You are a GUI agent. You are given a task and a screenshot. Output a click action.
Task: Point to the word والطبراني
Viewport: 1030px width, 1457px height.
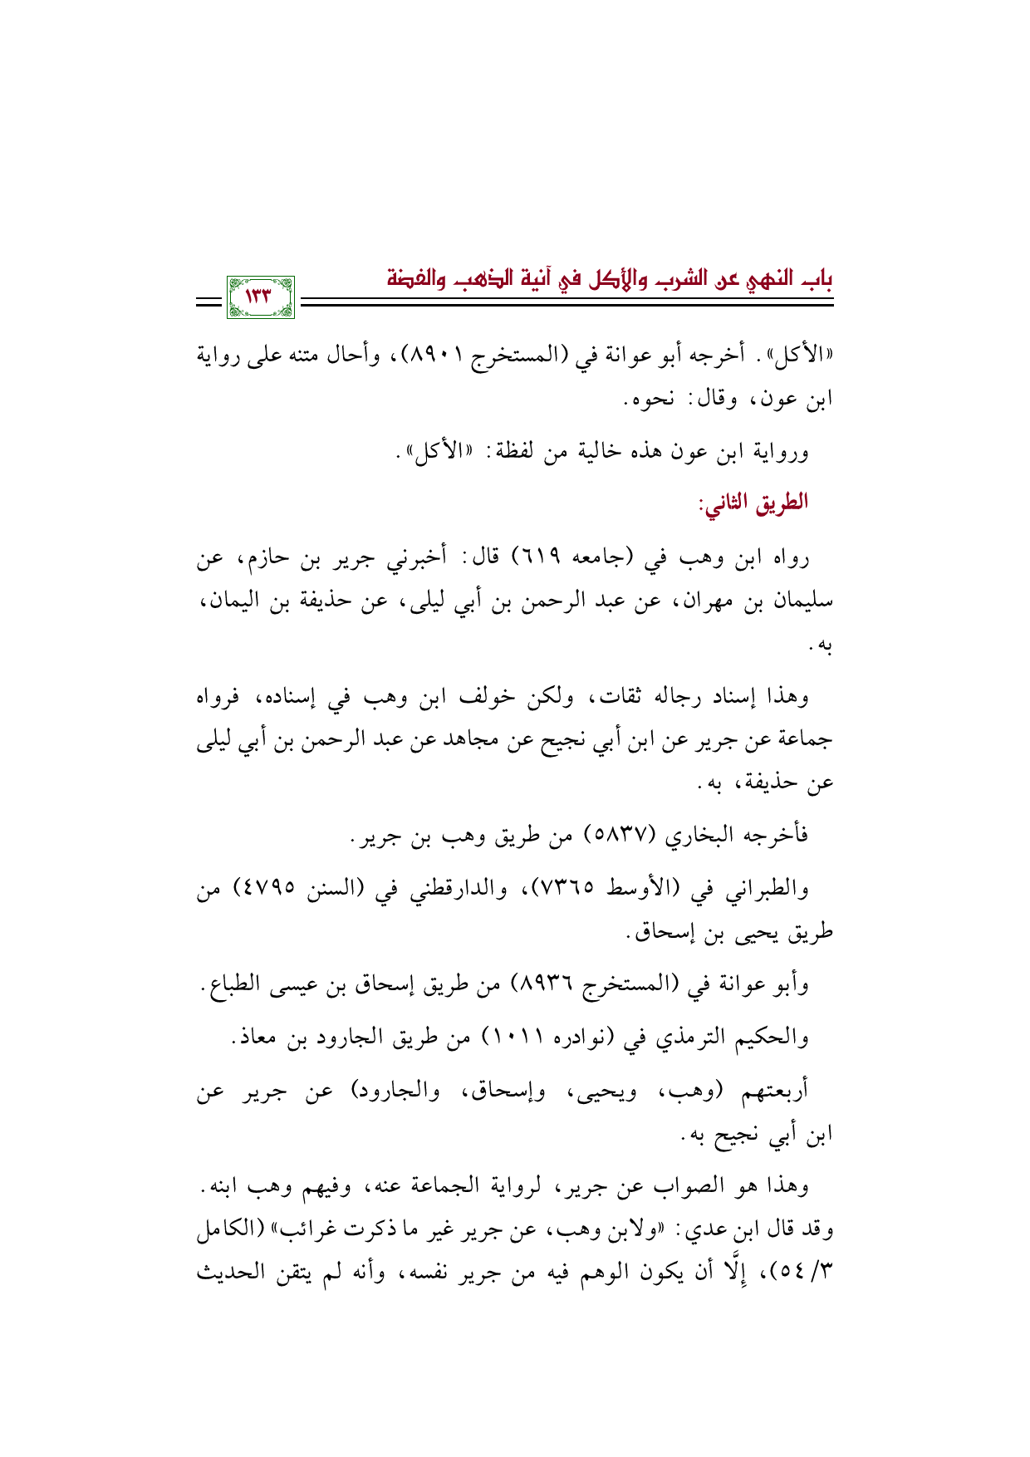click(x=763, y=889)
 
